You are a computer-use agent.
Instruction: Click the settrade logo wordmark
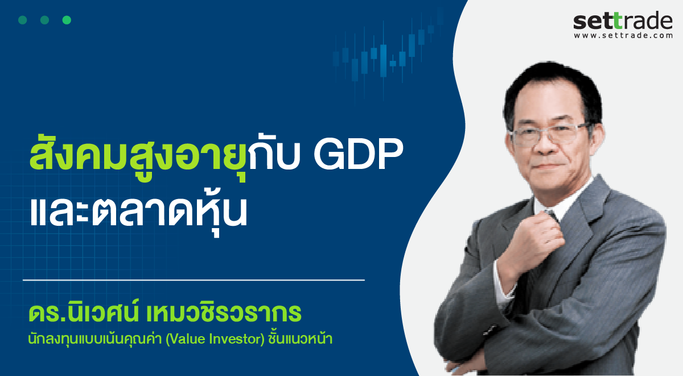(x=623, y=20)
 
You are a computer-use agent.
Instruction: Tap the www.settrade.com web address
(x=623, y=36)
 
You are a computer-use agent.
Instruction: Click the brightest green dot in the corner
(x=67, y=20)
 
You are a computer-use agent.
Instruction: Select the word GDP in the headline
(x=359, y=155)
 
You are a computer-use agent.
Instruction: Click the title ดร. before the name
(x=45, y=313)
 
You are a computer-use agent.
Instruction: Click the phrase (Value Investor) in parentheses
(x=215, y=340)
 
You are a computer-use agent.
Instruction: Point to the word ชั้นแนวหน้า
(x=301, y=338)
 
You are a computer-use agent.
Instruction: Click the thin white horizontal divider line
(x=194, y=280)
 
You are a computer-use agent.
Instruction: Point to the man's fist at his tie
(x=537, y=241)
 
